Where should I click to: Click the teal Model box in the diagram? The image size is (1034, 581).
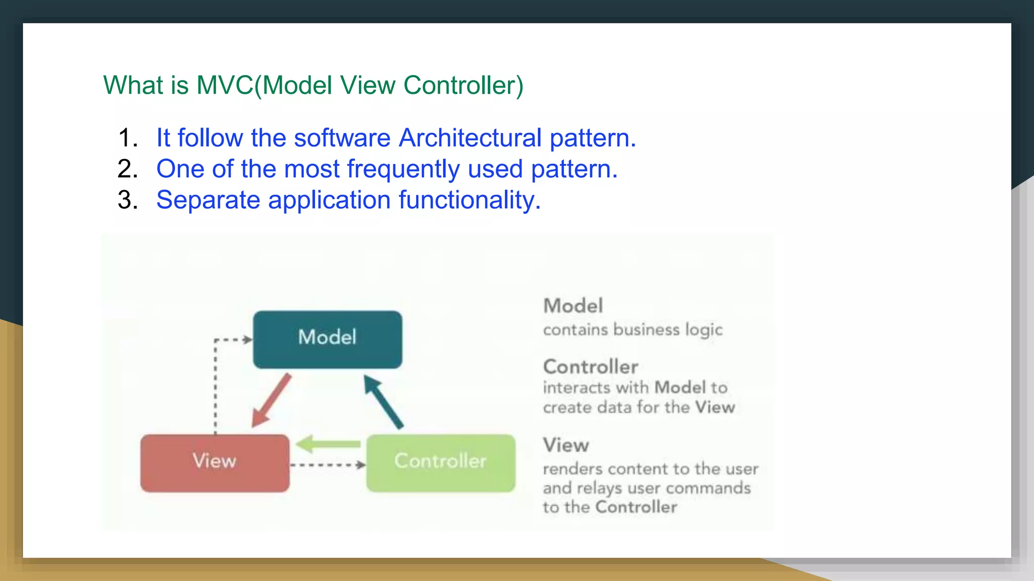pos(327,339)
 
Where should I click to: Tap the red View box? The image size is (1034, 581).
pos(215,463)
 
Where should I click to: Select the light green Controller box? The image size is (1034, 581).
pos(440,463)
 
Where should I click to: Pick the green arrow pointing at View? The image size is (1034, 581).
pos(328,444)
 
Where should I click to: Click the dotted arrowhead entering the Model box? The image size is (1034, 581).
pos(247,339)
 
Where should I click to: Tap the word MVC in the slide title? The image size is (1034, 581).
pos(225,85)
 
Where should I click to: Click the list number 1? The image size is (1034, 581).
pos(127,138)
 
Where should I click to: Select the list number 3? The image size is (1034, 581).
pos(127,200)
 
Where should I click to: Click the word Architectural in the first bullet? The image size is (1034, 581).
pos(470,138)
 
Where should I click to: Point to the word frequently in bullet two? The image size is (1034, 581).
pos(403,169)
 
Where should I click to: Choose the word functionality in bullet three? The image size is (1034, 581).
pos(470,200)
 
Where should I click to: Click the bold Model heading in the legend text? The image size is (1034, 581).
pos(573,306)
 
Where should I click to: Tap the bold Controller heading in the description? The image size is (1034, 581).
pos(591,367)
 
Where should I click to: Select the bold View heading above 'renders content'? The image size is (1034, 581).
pos(566,445)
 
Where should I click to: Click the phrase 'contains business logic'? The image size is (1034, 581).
pos(633,329)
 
